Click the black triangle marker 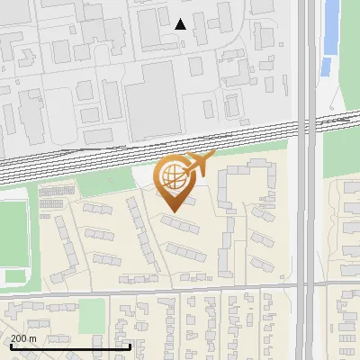[x=181, y=24]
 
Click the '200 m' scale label [x=23, y=338]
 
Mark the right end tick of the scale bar [x=130, y=345]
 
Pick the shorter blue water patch [x=326, y=67]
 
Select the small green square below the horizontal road [x=92, y=316]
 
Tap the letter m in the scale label [x=32, y=338]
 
